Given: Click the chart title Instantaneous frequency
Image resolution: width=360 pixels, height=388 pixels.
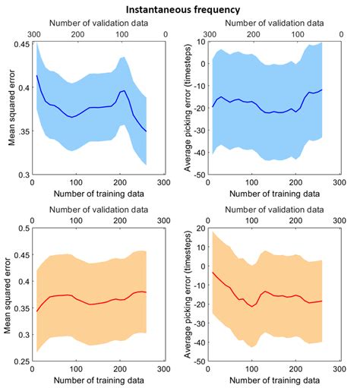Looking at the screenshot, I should click(181, 9).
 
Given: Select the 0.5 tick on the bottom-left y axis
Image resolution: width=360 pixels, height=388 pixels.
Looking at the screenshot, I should click(22, 228).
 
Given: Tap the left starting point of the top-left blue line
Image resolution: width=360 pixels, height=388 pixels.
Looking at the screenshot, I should click(36, 75).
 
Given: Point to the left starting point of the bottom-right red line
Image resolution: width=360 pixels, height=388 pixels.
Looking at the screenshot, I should click(213, 272).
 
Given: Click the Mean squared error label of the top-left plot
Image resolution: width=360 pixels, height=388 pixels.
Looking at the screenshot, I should click(7, 109).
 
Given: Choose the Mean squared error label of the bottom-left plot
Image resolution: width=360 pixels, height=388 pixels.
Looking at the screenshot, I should click(7, 295).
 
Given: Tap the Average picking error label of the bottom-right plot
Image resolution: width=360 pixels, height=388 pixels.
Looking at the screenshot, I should click(188, 295).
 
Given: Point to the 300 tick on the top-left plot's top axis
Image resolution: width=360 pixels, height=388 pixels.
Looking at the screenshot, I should click(32, 34).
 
